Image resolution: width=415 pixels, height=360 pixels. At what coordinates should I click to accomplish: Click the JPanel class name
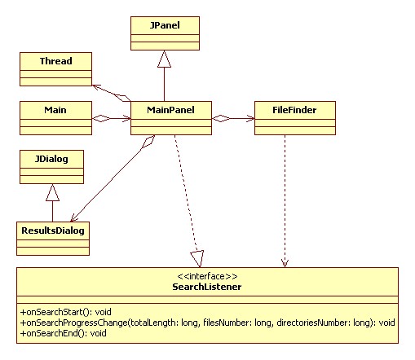coord(165,25)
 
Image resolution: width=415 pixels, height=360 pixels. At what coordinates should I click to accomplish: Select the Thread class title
coord(56,61)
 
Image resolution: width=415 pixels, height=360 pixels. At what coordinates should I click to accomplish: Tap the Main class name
coord(55,110)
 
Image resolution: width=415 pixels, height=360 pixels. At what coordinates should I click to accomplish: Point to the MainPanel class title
coord(170,110)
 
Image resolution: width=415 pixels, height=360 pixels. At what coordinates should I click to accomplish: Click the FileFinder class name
coord(294,110)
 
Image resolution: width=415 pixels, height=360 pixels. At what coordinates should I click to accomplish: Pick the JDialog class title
coord(51,159)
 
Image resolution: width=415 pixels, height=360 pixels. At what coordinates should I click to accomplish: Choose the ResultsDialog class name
coord(53,230)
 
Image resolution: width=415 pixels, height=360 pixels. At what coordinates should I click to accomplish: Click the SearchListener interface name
coord(207,287)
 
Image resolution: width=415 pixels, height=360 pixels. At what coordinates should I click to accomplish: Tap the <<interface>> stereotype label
coord(207,276)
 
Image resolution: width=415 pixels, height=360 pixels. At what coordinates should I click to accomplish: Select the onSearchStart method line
coord(66,312)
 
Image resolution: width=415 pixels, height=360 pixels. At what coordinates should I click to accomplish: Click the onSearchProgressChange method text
coord(207,323)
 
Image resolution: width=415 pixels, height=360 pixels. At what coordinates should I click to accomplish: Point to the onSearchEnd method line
coord(64,333)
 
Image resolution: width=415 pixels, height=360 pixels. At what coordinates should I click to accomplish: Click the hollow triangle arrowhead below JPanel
coord(164,59)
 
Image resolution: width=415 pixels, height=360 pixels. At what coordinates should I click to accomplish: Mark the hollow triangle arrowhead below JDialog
coord(52,192)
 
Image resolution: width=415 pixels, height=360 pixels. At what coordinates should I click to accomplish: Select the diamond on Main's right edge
coord(101,119)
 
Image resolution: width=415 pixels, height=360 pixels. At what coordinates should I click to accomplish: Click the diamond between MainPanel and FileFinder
coord(221,119)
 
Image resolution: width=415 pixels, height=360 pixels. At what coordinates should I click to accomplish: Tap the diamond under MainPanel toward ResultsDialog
coord(148,142)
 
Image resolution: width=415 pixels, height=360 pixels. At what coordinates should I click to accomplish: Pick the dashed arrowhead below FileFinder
coord(285,263)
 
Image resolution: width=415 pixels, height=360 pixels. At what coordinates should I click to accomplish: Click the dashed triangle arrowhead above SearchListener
coord(197,258)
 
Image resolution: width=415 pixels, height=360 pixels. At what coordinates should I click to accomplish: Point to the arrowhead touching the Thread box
coord(97,88)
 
